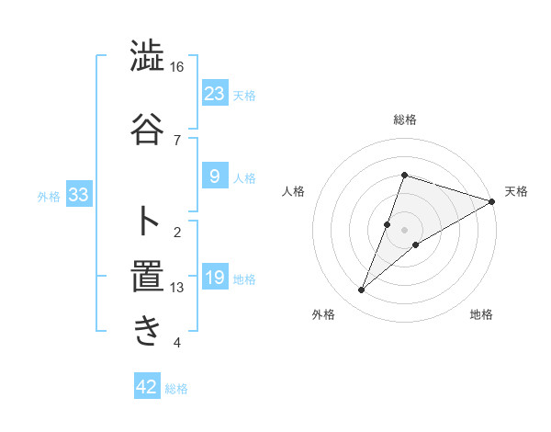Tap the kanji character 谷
pyautogui.click(x=148, y=127)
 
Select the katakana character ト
pyautogui.click(x=148, y=220)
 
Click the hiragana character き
pyautogui.click(x=148, y=331)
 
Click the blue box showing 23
pyautogui.click(x=214, y=93)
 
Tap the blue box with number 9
pyautogui.click(x=214, y=176)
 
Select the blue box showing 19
pyautogui.click(x=214, y=277)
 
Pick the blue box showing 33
pyautogui.click(x=78, y=195)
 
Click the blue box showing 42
pyautogui.click(x=147, y=387)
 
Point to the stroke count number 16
pyautogui.click(x=176, y=67)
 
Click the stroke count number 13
pyautogui.click(x=177, y=288)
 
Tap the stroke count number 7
pyautogui.click(x=177, y=140)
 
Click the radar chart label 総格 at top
pyautogui.click(x=404, y=120)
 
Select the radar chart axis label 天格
pyautogui.click(x=516, y=191)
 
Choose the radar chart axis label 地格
pyautogui.click(x=481, y=314)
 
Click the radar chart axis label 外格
pyautogui.click(x=323, y=314)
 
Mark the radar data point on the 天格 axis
pyautogui.click(x=491, y=201)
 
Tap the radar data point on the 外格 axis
pyautogui.click(x=362, y=290)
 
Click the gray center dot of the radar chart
pyautogui.click(x=404, y=230)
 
